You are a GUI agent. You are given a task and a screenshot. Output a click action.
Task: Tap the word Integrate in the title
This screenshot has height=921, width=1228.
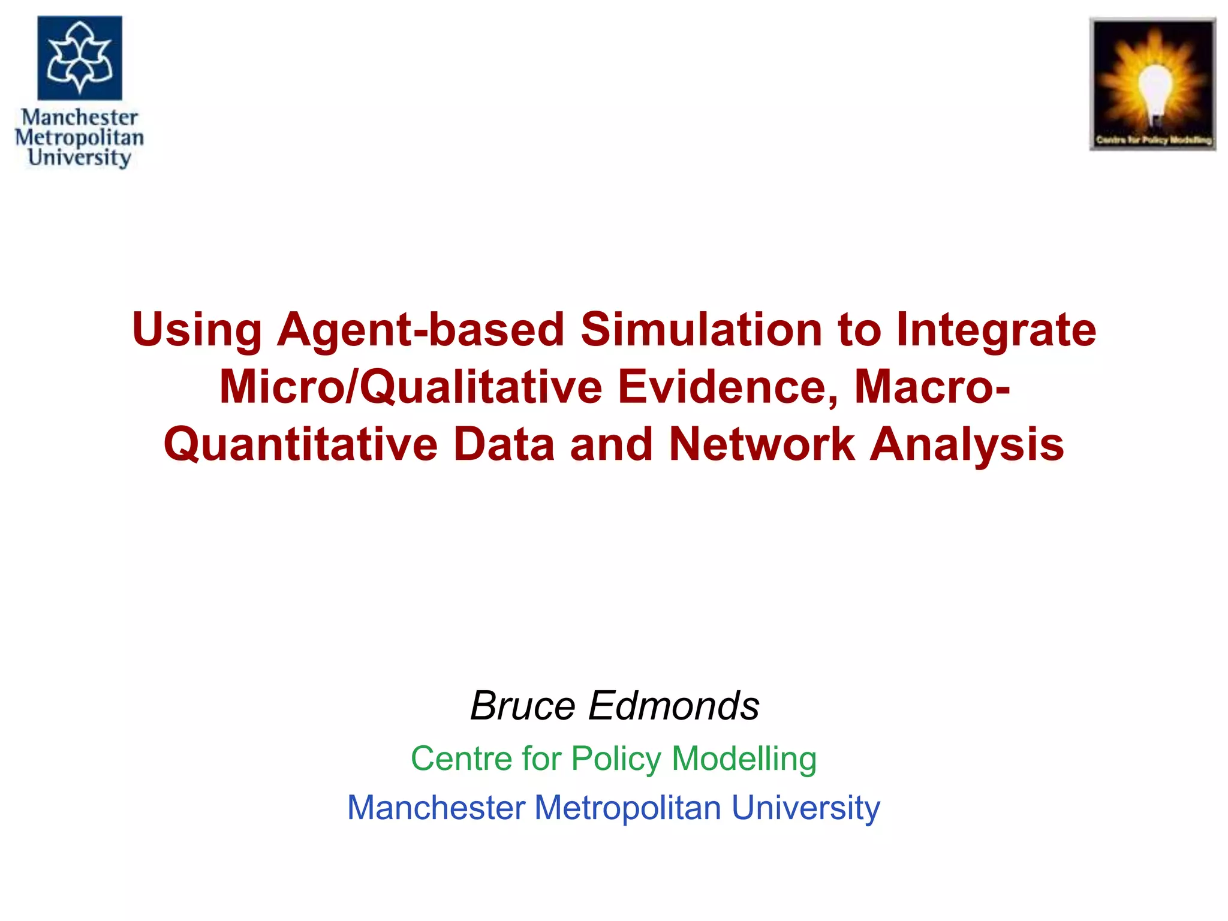[996, 331]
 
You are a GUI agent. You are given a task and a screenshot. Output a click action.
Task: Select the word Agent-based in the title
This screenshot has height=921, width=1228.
[420, 331]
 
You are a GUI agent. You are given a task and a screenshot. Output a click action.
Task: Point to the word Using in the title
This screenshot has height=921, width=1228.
[197, 331]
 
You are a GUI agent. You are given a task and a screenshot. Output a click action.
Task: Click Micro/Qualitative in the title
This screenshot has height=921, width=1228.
[411, 387]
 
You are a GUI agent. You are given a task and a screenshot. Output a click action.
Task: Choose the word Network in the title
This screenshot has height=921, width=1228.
[762, 445]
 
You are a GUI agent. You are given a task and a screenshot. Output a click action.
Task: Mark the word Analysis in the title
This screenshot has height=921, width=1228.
[967, 445]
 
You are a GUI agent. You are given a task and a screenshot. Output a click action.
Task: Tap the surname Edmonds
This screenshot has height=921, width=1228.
[674, 706]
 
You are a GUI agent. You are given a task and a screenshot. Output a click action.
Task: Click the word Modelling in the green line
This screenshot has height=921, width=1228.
[744, 759]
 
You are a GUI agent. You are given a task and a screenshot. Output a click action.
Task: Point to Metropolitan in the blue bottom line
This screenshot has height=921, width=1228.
[627, 808]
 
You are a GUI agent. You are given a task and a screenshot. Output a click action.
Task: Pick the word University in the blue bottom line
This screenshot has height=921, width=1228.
[805, 808]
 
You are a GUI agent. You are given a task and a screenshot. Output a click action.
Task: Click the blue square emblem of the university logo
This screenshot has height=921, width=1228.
[80, 58]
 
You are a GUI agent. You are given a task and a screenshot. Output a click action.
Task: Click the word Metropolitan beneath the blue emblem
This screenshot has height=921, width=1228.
[79, 137]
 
